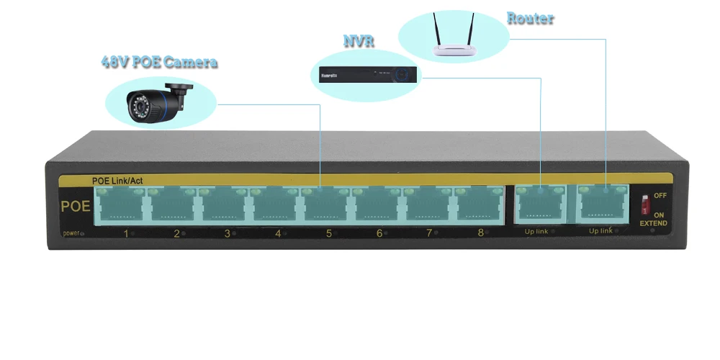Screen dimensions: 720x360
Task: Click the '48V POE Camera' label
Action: (x=159, y=62)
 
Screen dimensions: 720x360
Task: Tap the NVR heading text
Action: (x=359, y=41)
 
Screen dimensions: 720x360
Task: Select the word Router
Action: (x=531, y=19)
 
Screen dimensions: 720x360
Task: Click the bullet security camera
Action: (x=159, y=102)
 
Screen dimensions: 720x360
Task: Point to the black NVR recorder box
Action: (x=368, y=75)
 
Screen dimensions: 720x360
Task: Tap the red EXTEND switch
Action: (x=646, y=204)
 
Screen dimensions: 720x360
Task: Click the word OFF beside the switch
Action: (x=660, y=196)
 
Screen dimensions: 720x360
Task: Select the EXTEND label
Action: (x=653, y=224)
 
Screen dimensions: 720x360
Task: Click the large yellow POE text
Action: (x=76, y=206)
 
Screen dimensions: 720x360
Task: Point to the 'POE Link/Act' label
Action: (x=117, y=181)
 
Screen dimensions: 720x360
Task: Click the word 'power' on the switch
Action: (x=71, y=233)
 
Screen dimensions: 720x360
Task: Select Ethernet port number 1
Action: (x=120, y=205)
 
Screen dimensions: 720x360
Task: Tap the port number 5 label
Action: (x=329, y=233)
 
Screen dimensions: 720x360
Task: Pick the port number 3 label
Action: (x=227, y=233)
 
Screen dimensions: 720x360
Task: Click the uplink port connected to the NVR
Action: (x=541, y=204)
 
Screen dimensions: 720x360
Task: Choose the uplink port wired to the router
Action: (x=603, y=204)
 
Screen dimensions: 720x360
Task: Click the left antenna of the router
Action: (x=437, y=29)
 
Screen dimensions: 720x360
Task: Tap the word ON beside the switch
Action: (x=659, y=215)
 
